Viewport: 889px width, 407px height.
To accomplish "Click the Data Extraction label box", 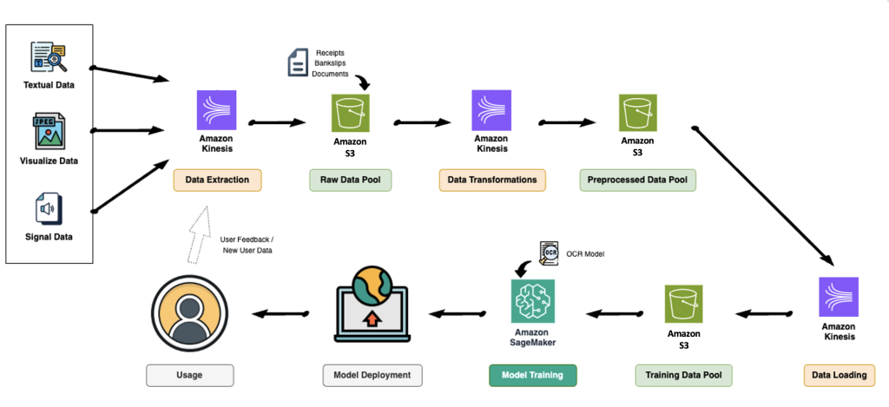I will (217, 180).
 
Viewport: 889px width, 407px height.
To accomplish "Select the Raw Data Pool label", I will (351, 180).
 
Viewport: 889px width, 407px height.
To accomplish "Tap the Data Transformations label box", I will (491, 180).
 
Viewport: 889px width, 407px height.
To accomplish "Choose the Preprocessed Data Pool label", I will (637, 180).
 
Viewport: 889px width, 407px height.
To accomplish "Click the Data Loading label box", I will (839, 375).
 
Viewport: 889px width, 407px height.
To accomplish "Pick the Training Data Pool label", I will (683, 375).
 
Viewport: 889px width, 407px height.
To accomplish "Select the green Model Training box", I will (533, 375).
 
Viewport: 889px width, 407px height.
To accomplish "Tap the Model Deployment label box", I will (372, 375).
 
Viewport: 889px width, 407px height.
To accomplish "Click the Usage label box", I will (190, 375).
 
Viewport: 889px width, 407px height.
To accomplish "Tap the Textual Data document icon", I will (49, 57).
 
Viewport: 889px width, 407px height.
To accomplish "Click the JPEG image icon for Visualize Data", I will (49, 133).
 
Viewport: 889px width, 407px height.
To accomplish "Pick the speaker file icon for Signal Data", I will (49, 209).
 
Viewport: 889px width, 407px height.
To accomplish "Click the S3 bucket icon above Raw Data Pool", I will (351, 112).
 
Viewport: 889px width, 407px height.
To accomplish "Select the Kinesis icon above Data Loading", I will (839, 297).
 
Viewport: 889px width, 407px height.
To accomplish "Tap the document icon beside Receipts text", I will (297, 62).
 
